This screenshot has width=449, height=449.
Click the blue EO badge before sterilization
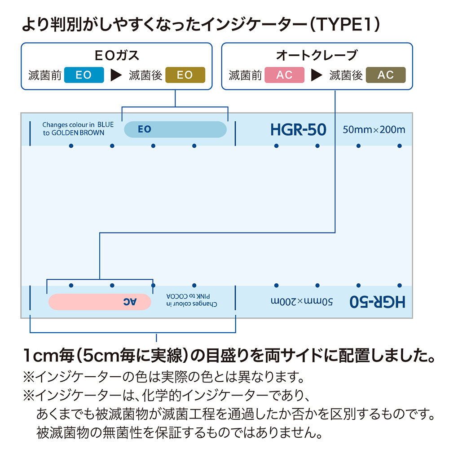[x=84, y=75]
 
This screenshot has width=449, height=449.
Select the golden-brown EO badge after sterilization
[x=185, y=75]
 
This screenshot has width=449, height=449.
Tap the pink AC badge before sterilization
[x=285, y=75]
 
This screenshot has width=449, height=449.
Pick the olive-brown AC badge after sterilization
[x=386, y=75]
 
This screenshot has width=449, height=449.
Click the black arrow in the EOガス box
[x=116, y=75]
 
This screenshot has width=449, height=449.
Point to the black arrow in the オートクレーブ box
[x=317, y=75]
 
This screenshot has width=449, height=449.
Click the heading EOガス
[x=117, y=56]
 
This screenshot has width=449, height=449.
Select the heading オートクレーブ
[x=317, y=56]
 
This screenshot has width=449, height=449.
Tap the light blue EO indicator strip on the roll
[x=175, y=129]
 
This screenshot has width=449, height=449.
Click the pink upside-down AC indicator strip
[x=99, y=302]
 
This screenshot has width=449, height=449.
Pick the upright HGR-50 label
[x=298, y=130]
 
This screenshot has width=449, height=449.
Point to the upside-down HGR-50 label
[x=377, y=302]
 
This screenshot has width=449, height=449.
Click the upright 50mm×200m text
[x=374, y=130]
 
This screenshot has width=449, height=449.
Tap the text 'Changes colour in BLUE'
[x=78, y=125]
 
